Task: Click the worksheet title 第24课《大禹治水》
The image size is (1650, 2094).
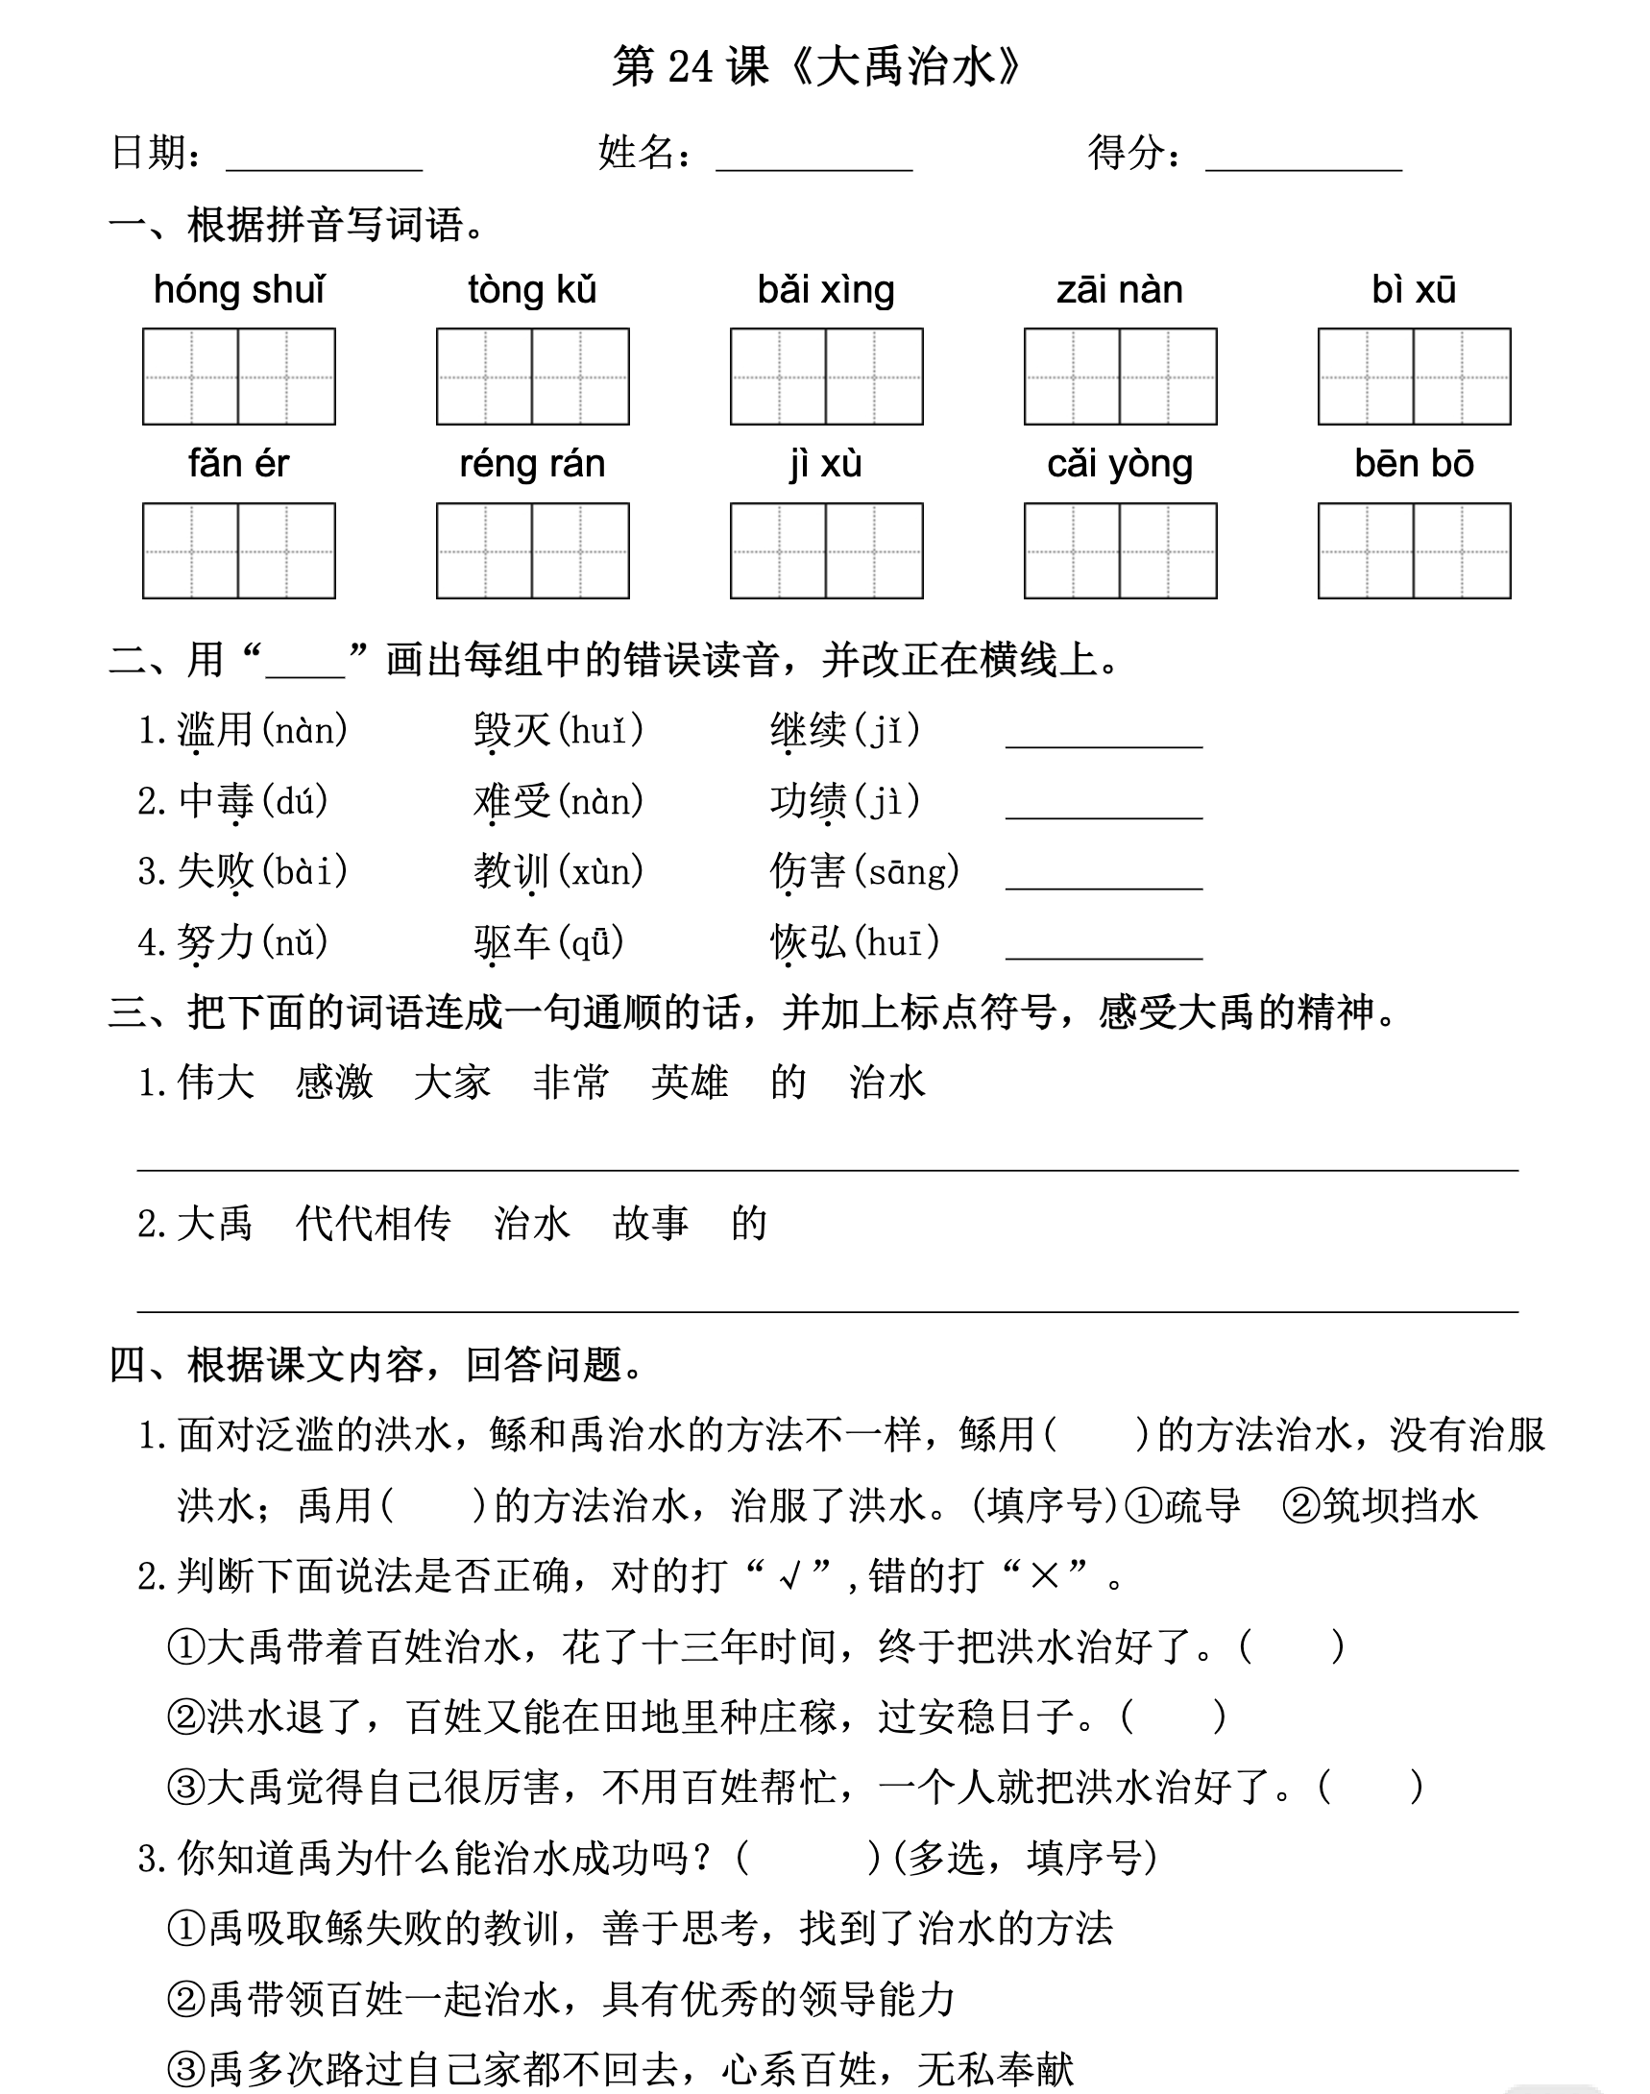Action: coord(816,67)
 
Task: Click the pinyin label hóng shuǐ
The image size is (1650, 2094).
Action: coord(238,290)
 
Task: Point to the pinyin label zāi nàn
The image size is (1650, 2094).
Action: coord(1120,290)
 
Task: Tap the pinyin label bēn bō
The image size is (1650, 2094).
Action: coord(1414,464)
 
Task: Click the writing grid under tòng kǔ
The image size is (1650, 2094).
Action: coord(532,377)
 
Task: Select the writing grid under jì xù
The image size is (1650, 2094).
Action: coord(826,550)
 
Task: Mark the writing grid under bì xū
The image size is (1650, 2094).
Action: coord(1414,377)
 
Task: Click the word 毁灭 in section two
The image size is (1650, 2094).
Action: coord(512,731)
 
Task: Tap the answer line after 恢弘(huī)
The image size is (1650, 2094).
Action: coord(1104,945)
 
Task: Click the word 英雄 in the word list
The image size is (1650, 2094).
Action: coord(689,1083)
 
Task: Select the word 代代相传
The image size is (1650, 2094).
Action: coord(373,1224)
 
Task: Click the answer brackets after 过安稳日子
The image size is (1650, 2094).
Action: coord(1173,1717)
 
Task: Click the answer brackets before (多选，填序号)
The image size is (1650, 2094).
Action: coord(808,1859)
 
